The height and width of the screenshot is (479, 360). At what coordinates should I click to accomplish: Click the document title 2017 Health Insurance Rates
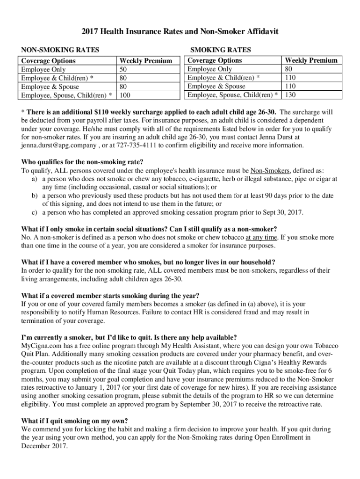point(180,32)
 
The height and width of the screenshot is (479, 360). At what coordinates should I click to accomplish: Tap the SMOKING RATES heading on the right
point(219,50)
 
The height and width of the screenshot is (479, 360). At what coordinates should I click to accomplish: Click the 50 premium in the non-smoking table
point(124,69)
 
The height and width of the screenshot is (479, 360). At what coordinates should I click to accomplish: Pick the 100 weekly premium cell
point(125,95)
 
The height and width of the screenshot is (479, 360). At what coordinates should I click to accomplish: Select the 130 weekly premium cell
point(290,95)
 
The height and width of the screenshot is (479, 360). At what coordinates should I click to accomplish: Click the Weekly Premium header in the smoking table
point(311,60)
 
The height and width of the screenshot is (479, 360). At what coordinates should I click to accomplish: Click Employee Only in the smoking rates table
point(209,69)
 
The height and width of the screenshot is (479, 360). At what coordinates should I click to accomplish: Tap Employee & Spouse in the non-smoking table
point(50,87)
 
